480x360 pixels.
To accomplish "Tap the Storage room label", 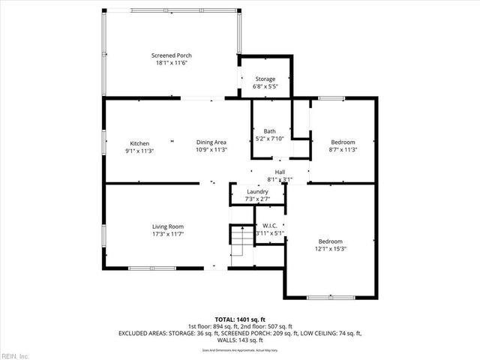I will (265, 79).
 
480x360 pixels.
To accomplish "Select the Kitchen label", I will (139, 142).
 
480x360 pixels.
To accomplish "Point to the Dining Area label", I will (211, 142).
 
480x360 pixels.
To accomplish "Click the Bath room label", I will (269, 131).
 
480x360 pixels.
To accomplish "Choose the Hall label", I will (280, 172).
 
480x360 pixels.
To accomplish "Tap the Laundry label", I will (257, 192).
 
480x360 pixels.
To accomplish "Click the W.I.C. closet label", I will (269, 226).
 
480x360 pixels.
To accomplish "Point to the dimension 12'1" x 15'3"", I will (331, 248).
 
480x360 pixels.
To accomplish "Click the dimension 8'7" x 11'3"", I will (343, 149).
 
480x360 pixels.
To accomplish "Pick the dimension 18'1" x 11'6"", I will (170, 63).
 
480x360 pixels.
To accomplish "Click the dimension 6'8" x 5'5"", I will (265, 86).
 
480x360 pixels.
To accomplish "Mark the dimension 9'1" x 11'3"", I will (139, 150).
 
